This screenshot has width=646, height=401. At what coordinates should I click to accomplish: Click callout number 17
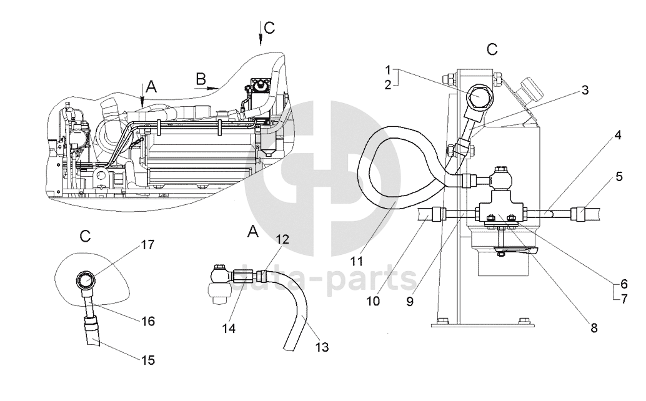(x=147, y=245)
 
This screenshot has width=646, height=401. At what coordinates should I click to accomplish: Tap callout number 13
(x=322, y=347)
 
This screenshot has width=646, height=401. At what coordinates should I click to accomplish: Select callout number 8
(x=594, y=328)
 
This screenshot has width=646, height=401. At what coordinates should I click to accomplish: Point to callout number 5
(x=619, y=177)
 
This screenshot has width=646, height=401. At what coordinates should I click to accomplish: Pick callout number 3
(x=585, y=90)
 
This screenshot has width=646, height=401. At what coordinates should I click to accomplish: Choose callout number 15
(x=148, y=360)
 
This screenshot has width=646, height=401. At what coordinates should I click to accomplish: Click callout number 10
(x=373, y=301)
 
